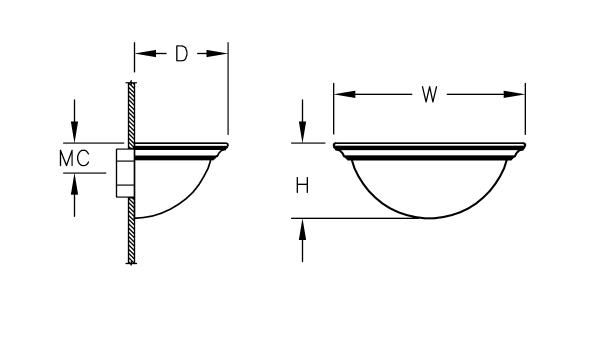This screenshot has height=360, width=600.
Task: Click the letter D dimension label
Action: coord(182,54)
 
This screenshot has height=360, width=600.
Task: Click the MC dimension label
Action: coord(75,158)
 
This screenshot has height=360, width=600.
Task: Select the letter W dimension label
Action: coord(429,94)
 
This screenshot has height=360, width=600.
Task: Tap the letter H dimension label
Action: coord(302,186)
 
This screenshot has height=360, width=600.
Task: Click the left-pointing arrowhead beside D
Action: coord(146,54)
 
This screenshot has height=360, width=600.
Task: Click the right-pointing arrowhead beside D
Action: coord(217,54)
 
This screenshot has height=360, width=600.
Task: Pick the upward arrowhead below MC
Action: coord(74,184)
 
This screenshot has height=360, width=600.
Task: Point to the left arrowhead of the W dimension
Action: coord(345,94)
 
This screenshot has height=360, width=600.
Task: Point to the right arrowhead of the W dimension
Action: coord(514,94)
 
